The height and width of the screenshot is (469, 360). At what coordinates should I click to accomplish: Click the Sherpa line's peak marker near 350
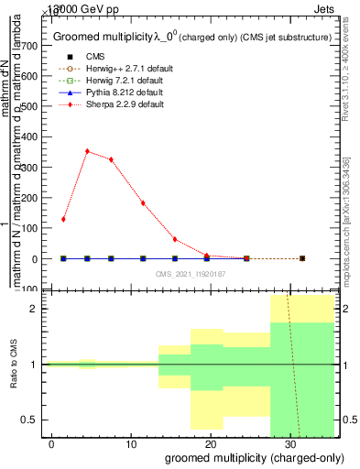pos(87,151)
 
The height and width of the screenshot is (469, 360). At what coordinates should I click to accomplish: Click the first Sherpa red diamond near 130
pos(63,219)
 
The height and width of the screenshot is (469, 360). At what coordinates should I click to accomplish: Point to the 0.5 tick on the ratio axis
pos(38,420)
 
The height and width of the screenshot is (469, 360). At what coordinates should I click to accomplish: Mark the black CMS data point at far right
pos(302,258)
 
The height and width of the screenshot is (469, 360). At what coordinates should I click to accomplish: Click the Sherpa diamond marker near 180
pos(143,203)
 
